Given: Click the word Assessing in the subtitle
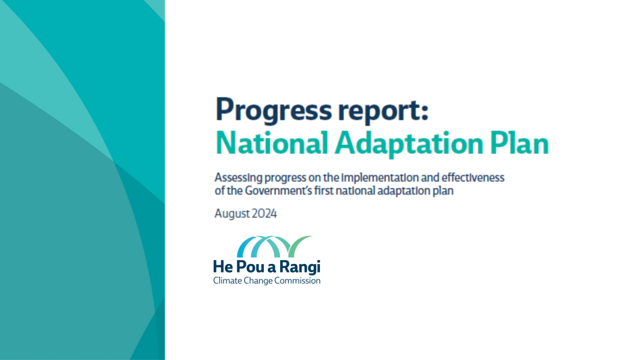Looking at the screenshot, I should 238,178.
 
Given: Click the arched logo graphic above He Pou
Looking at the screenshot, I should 274,246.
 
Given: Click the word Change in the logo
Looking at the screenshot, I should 259,281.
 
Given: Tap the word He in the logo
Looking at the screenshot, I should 222,266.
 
